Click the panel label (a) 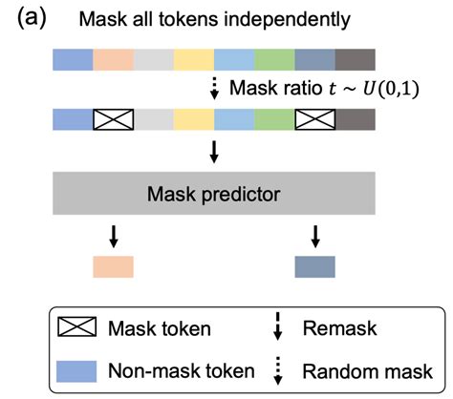32,18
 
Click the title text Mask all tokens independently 214,19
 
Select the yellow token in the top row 194,59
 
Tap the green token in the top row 274,59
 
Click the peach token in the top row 113,59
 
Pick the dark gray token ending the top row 356,59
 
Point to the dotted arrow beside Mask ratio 214,88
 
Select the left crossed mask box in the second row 113,119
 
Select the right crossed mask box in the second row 315,119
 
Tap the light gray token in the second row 154,119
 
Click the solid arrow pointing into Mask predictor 214,152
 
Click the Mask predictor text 214,194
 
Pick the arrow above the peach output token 114,237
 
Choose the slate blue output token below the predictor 315,266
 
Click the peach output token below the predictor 113,266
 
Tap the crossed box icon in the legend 76,326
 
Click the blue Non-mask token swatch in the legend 76,371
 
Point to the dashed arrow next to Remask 278,326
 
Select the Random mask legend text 368,371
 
